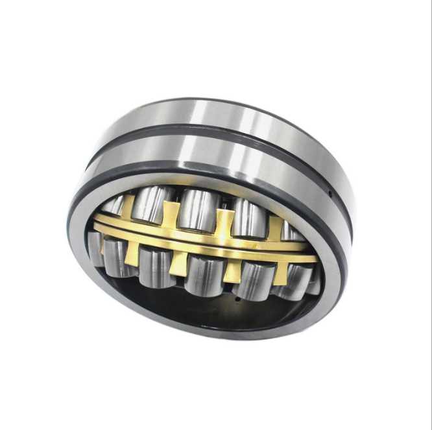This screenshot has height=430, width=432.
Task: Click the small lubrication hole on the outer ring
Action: pos(330,193)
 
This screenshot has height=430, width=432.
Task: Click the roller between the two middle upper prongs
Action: pos(197,208)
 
